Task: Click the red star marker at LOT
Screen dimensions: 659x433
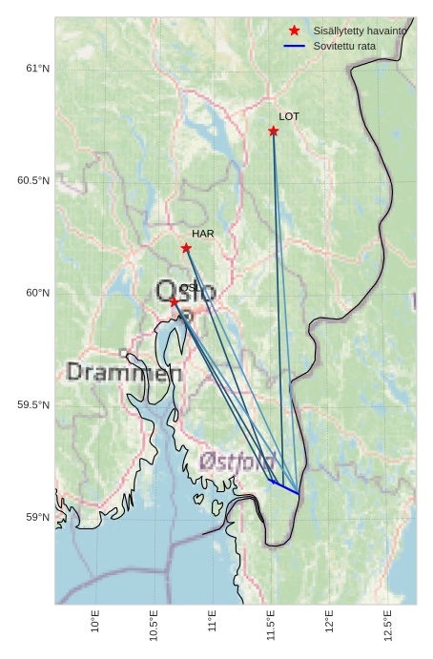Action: coord(274,131)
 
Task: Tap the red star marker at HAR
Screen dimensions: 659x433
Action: coord(186,248)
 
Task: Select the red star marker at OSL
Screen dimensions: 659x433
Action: coord(174,301)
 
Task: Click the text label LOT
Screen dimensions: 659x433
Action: coord(289,116)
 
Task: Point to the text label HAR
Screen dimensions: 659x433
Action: coord(202,234)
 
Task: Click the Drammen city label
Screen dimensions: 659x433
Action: coord(124,373)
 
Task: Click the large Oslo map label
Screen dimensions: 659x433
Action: coord(186,291)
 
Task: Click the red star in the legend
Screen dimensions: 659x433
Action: coord(295,31)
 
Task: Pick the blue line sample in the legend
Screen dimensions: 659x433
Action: coord(295,46)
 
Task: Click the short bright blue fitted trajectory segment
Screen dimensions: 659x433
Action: coord(285,487)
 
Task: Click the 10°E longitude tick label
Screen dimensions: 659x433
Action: coord(94,622)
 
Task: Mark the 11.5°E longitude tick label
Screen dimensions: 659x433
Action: coord(271,626)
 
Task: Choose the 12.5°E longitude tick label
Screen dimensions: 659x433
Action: coord(388,626)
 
